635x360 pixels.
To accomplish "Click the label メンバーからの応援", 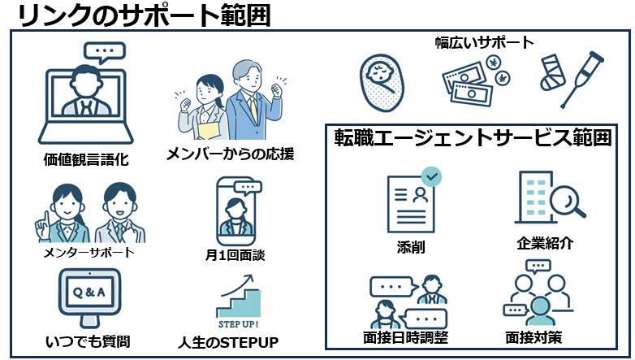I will point(229,154).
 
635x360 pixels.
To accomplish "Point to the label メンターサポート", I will point(89,253).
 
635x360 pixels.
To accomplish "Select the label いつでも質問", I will point(89,340).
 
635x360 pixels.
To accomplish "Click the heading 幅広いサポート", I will point(485,42).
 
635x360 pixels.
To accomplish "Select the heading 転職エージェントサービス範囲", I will point(473,138).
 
